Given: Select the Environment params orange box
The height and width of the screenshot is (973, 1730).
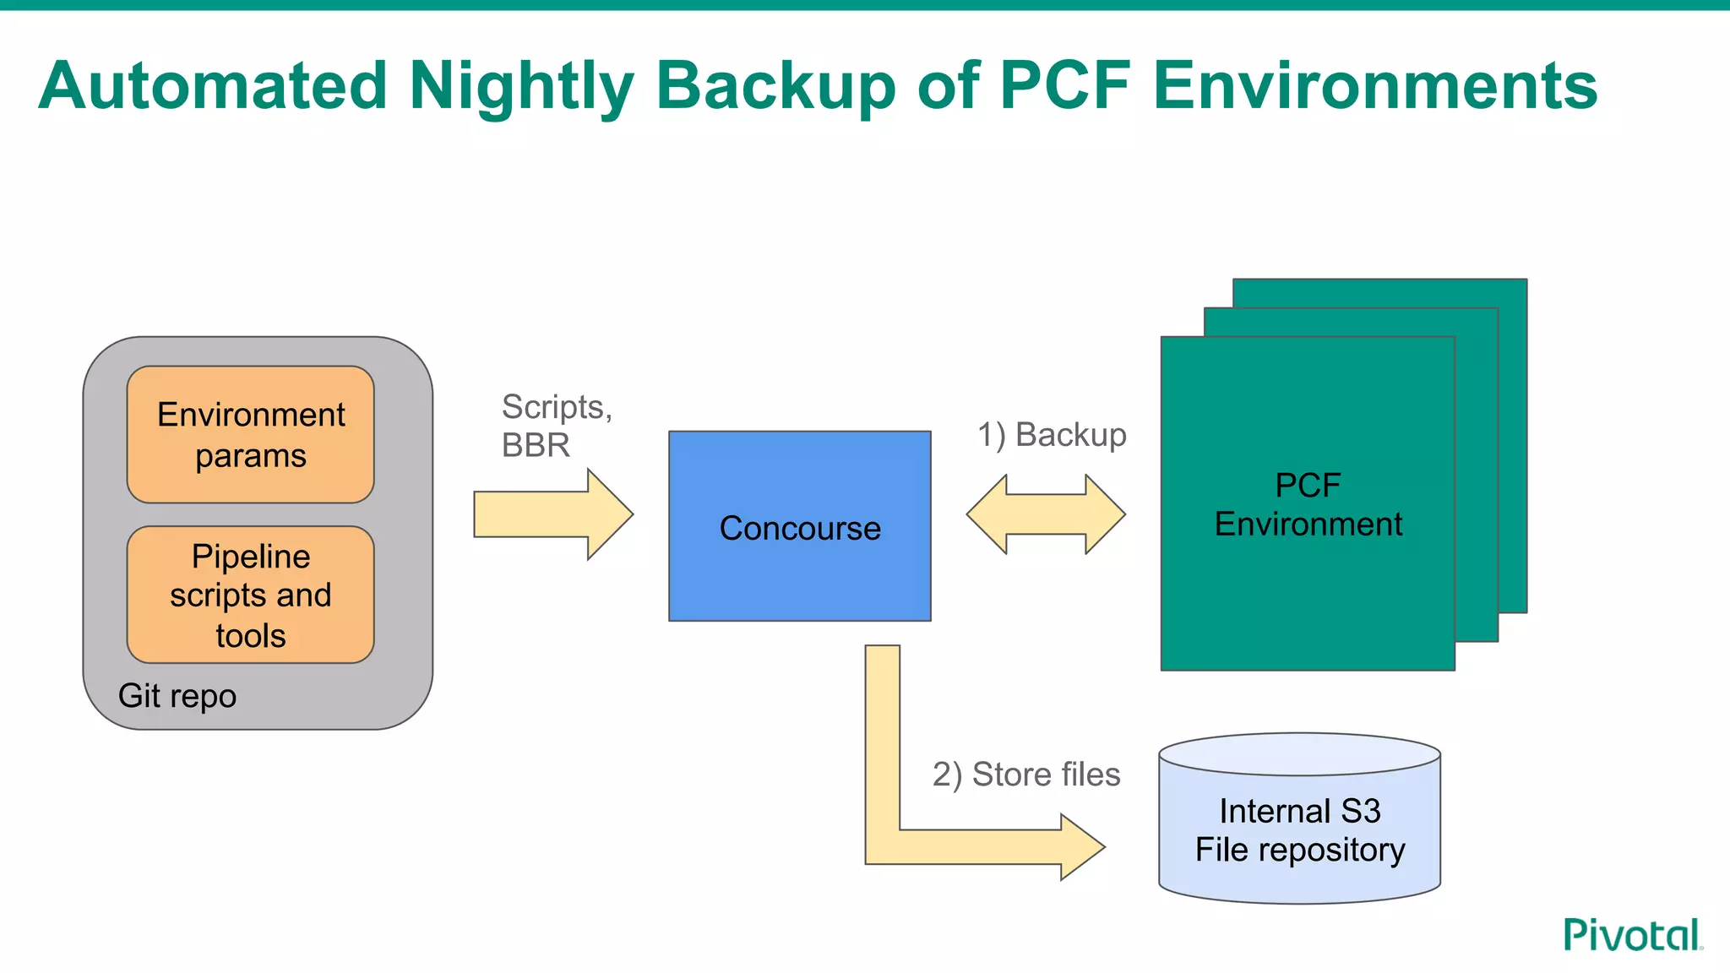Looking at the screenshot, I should point(250,434).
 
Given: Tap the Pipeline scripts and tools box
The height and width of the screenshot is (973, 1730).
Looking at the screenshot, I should point(250,595).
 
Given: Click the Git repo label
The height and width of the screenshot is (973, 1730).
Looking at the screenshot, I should point(177,696).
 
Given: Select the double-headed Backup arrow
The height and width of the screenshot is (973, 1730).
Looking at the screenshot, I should point(1046,514).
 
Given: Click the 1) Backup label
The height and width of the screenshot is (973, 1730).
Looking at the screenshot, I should point(1052,435).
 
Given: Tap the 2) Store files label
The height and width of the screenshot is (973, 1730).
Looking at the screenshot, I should point(1025,774).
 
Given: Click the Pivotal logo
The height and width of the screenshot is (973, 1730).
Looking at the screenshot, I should point(1632,935).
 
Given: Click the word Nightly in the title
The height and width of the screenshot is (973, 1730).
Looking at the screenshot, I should point(520,86).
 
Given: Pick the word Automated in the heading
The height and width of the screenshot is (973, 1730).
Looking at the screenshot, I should point(213,86).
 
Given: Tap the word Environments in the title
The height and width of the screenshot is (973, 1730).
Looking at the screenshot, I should point(1374,86).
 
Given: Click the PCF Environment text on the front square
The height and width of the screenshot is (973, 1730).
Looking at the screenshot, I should point(1308,504).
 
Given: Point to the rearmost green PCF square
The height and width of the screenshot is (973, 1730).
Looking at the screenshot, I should point(1512,422).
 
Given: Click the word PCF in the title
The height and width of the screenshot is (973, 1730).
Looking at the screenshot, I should point(1064,86).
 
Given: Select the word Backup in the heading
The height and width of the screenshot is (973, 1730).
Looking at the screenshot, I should point(775,86).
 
